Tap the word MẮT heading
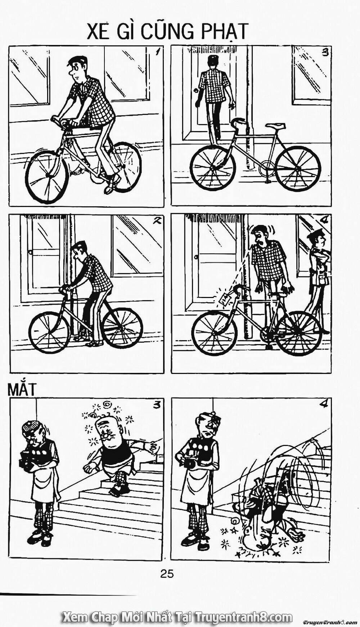pos(22,390)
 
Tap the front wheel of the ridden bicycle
pos(47,176)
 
